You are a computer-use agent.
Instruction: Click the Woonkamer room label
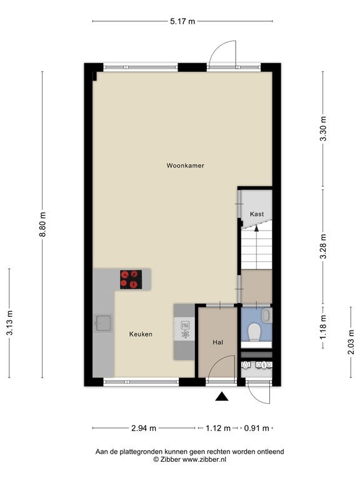(x=185, y=166)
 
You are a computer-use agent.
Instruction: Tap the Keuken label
(x=141, y=334)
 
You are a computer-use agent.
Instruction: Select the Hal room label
(x=218, y=342)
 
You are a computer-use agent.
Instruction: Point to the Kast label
(x=256, y=214)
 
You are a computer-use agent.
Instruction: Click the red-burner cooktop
(x=131, y=279)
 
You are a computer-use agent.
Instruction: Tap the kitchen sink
(x=104, y=322)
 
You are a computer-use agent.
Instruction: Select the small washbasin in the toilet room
(x=267, y=315)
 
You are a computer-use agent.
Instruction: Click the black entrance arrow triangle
(x=222, y=396)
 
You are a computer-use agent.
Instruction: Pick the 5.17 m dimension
(x=182, y=21)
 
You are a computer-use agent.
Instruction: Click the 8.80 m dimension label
(x=42, y=224)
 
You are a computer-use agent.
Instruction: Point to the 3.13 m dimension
(x=10, y=323)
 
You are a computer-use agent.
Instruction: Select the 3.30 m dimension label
(x=323, y=129)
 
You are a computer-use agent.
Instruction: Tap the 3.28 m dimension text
(x=323, y=246)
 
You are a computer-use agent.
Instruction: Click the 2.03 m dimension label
(x=351, y=342)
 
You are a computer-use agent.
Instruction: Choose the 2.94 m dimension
(x=144, y=428)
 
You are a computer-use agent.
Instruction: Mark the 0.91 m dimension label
(x=256, y=428)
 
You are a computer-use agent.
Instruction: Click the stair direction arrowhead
(x=256, y=227)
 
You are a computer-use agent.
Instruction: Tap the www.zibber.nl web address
(x=204, y=459)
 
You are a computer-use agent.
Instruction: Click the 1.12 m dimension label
(x=218, y=428)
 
